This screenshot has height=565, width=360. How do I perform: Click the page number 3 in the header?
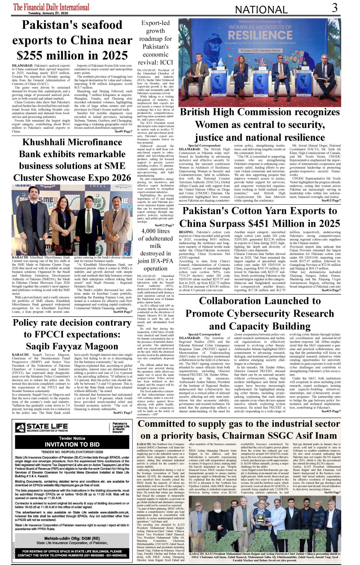[x=335, y=8]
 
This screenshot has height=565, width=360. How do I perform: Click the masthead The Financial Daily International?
[x=51, y=7]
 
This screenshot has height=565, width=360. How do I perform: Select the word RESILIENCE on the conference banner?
[x=260, y=35]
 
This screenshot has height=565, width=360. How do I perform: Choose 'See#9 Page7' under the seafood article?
[x=123, y=131]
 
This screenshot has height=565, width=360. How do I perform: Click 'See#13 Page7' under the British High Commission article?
[x=331, y=200]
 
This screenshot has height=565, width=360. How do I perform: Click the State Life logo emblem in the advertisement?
[x=20, y=427]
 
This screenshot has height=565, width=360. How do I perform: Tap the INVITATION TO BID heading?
[x=72, y=444]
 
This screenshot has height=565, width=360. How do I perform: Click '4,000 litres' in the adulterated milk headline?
[x=155, y=231]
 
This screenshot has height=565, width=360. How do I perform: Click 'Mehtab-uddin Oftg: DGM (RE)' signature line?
[x=72, y=538]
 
